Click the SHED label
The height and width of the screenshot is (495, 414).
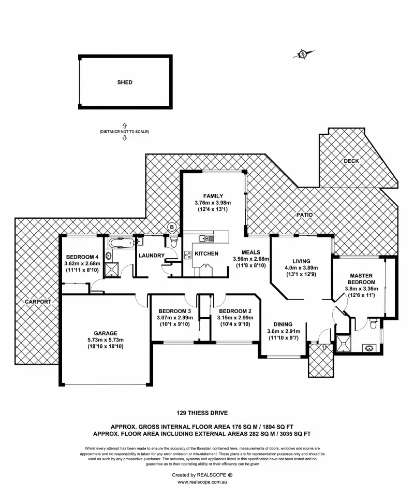[125, 82]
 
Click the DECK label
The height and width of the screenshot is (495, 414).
[351, 161]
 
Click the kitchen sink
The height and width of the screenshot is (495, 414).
[205, 238]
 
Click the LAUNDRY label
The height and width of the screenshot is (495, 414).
[151, 256]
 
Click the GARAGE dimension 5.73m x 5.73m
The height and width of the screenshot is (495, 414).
[105, 340]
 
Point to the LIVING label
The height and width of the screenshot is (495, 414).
[301, 261]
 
